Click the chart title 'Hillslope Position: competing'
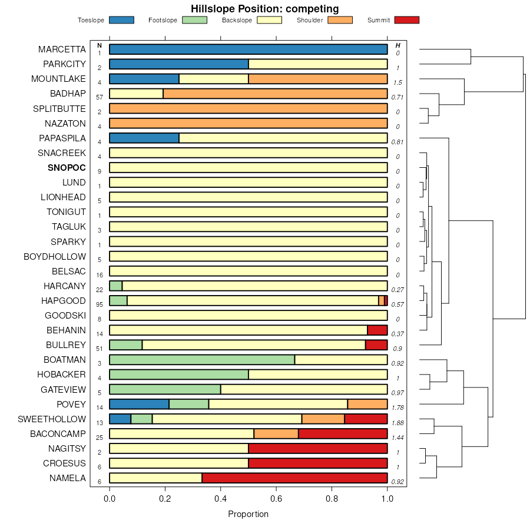coord(264,9)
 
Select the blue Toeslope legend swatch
coord(121,20)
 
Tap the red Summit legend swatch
coord(407,20)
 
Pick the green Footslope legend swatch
coord(194,20)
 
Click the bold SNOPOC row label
coord(67,168)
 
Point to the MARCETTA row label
coord(62,49)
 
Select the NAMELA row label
coord(68,478)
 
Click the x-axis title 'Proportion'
coord(248,514)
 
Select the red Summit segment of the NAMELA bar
coord(294,478)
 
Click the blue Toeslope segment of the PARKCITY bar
coord(179,64)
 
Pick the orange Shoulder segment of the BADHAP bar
coord(275,94)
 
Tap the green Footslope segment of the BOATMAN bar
coord(202,360)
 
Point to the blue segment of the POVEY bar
coord(139,404)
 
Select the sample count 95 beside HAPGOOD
coord(100,304)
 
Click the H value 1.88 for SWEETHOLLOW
coord(397,422)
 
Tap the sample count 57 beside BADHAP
coord(100,97)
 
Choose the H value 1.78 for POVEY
coord(397,408)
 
